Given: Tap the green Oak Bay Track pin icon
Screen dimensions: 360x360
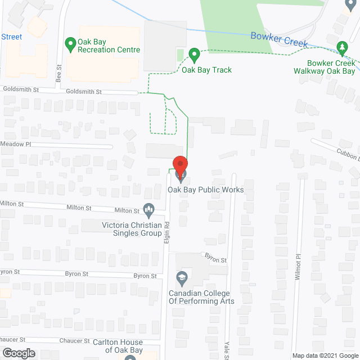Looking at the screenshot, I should click(x=194, y=56).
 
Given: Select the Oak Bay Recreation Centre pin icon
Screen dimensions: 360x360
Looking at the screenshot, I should click(x=71, y=43).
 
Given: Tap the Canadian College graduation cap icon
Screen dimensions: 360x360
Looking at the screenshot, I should click(x=182, y=277).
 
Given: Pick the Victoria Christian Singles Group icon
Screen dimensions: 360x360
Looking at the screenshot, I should click(x=149, y=210).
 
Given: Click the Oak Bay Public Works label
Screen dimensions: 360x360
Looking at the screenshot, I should click(x=206, y=190).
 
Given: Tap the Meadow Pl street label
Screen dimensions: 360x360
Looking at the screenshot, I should click(x=16, y=144).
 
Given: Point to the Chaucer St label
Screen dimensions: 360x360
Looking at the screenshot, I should click(x=75, y=341).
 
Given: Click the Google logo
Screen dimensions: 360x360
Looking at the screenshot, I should click(x=19, y=352).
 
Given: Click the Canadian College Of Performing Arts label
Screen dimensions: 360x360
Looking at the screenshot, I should click(x=202, y=297).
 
